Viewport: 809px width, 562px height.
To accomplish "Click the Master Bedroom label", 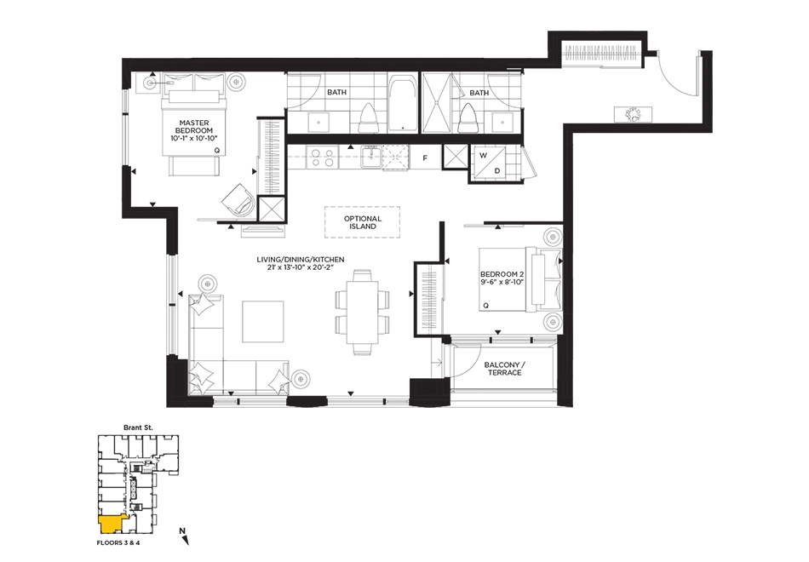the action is coord(194,130).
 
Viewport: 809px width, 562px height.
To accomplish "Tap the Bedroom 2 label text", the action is coord(502,278).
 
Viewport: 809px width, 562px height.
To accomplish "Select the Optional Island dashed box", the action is coord(362,222).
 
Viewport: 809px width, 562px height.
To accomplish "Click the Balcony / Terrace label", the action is coord(505,369).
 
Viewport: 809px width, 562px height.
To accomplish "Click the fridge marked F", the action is coord(425,158).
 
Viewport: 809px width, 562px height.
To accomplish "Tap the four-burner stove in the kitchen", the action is coord(322,158).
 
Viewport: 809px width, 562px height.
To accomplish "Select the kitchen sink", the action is coord(370,157).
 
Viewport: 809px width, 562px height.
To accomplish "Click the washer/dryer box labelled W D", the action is coord(490,163).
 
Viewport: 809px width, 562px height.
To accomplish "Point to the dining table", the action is coord(362,313).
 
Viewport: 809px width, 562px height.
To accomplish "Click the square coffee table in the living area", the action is coord(262,322).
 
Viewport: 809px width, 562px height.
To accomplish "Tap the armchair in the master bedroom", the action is coord(238,200).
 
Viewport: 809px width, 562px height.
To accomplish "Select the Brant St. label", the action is coord(138,427).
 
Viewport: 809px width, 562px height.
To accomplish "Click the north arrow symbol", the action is coord(184,536).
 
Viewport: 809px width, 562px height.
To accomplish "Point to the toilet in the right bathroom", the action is coord(467,118).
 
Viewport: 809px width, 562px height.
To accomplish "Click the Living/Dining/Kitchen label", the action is coord(301,263).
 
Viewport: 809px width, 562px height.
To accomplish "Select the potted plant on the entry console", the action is coord(633,114).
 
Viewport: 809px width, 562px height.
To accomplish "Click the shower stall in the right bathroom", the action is coord(437,103).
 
